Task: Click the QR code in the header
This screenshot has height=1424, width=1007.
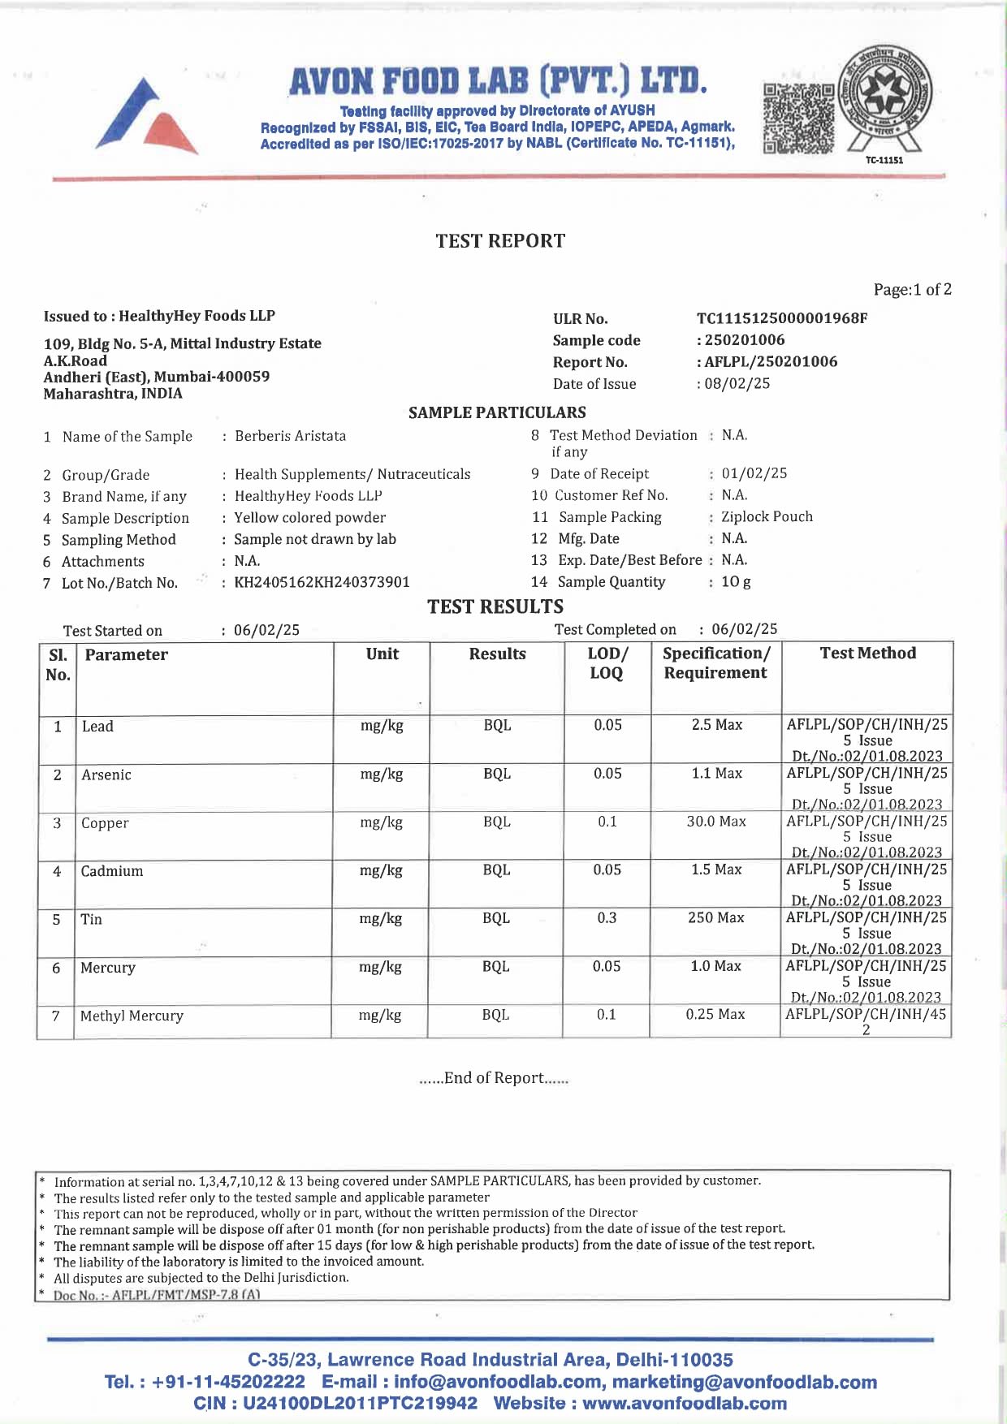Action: (x=799, y=119)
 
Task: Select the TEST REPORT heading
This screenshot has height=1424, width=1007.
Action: (x=500, y=241)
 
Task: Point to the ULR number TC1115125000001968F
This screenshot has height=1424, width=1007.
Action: (x=781, y=318)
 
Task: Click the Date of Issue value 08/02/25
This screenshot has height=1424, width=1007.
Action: (x=737, y=383)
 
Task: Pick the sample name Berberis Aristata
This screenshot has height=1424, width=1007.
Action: (x=290, y=436)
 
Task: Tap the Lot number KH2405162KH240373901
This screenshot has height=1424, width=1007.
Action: (x=322, y=582)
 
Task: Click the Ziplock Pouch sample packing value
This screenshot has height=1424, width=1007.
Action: (x=767, y=516)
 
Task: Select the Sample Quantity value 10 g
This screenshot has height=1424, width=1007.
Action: (x=736, y=581)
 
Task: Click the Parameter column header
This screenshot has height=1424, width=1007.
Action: (x=127, y=655)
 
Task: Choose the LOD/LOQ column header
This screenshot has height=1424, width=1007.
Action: (x=607, y=663)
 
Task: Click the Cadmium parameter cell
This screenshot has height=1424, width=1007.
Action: (x=112, y=871)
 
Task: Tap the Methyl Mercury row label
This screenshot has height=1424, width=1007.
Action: (x=132, y=1016)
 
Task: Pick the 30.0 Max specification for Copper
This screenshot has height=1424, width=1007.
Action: (x=716, y=822)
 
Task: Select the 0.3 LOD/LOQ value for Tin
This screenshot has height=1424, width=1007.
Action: (x=607, y=918)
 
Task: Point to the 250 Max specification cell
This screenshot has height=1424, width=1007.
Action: (x=715, y=917)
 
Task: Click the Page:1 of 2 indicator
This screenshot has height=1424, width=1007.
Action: (x=912, y=290)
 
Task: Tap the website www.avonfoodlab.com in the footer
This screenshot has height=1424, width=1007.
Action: (x=685, y=1403)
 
